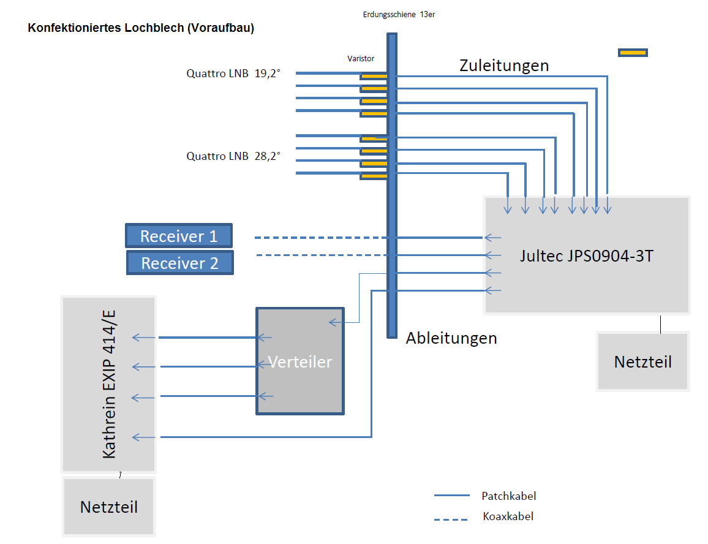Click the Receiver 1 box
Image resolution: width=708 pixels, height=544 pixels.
(x=179, y=236)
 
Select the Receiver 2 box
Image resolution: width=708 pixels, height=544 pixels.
(x=180, y=263)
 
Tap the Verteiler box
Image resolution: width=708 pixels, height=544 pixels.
(x=300, y=361)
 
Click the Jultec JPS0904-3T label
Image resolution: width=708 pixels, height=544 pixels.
(x=586, y=255)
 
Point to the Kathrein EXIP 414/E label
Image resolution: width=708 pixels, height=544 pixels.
(x=110, y=384)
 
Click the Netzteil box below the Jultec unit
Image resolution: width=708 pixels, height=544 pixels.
(x=642, y=361)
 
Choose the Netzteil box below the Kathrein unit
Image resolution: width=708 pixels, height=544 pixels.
(x=109, y=507)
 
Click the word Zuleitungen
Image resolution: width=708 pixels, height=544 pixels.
(x=504, y=65)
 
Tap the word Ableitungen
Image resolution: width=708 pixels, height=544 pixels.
(x=451, y=338)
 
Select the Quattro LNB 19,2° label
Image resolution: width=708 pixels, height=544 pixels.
(x=233, y=74)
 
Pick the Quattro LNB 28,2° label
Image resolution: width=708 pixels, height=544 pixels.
(x=233, y=156)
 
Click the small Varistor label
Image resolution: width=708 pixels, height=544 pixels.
(x=361, y=59)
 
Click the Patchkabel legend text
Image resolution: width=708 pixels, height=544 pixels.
(x=509, y=496)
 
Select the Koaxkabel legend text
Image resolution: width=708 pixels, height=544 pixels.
(x=508, y=516)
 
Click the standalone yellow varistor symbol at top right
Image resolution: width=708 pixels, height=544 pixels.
(x=633, y=53)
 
